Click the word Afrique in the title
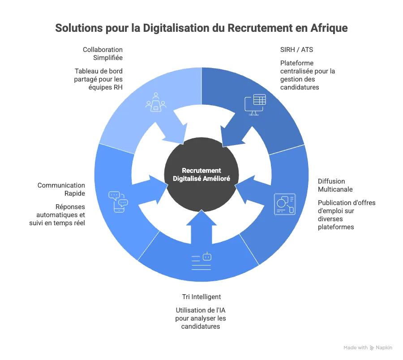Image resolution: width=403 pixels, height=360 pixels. pos(329,28)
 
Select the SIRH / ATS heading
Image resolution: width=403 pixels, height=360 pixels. pos(296,50)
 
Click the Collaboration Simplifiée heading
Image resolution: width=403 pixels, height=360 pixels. pos(103,54)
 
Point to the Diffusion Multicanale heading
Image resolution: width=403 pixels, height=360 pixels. pos(335,185)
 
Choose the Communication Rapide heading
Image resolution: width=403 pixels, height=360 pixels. pos(61,189)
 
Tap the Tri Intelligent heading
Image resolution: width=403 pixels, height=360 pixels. pos(201,297)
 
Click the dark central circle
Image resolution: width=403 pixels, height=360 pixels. pos(201,175)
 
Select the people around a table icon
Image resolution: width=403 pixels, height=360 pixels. pos(156,102)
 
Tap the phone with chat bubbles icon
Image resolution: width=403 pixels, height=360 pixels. pos(118,202)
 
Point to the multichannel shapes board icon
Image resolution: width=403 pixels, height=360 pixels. pos(285,204)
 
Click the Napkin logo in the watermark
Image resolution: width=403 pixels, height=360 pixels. pos(372,348)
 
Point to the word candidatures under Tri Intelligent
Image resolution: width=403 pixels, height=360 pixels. pos(201,326)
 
